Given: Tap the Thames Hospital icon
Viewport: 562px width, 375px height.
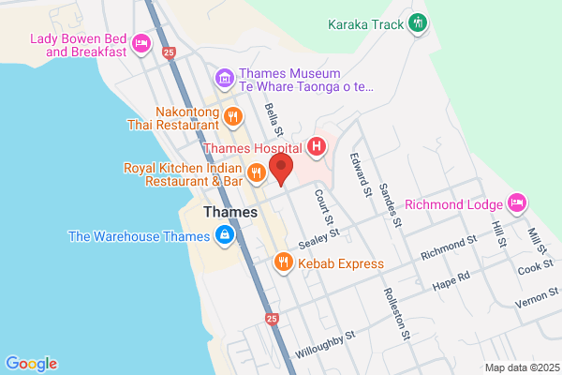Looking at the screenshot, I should coord(318,146).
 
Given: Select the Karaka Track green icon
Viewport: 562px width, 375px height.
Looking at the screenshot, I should coord(419,22).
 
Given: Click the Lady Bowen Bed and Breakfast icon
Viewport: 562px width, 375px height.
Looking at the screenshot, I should coord(141,42).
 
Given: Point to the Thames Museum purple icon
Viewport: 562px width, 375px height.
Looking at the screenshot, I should coord(223,77).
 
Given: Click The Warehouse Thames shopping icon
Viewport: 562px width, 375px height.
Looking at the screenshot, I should coord(224,234).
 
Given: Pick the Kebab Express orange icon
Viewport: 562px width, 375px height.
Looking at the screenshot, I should coord(282,262).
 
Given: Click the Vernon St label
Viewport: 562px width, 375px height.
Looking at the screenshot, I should coord(535,300).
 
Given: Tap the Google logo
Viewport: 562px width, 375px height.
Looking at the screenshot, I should coord(31,364).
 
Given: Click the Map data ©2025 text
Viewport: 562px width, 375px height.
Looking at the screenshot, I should coord(521,367).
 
